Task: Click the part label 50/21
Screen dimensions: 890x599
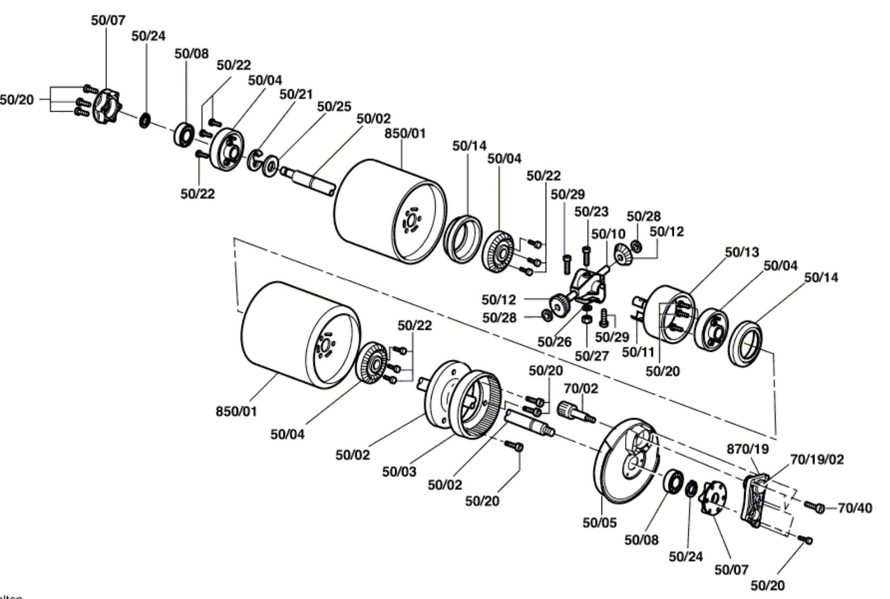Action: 296,94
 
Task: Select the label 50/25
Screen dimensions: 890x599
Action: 334,107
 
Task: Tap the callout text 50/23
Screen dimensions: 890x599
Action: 591,212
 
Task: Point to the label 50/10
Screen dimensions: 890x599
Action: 608,234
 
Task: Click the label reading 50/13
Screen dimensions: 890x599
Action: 742,252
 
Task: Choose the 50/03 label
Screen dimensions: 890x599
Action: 399,472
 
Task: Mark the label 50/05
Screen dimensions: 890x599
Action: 599,523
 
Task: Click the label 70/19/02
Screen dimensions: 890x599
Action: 817,459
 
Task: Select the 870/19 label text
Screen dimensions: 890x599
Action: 748,449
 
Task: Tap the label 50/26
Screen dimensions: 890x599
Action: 554,341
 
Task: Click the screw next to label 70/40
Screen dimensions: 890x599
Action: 815,506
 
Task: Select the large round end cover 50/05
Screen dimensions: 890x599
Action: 626,461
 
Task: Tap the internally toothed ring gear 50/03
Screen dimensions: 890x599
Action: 475,405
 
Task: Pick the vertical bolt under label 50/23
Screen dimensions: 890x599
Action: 586,256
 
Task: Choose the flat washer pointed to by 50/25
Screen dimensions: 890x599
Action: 271,165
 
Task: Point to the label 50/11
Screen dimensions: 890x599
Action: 638,352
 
